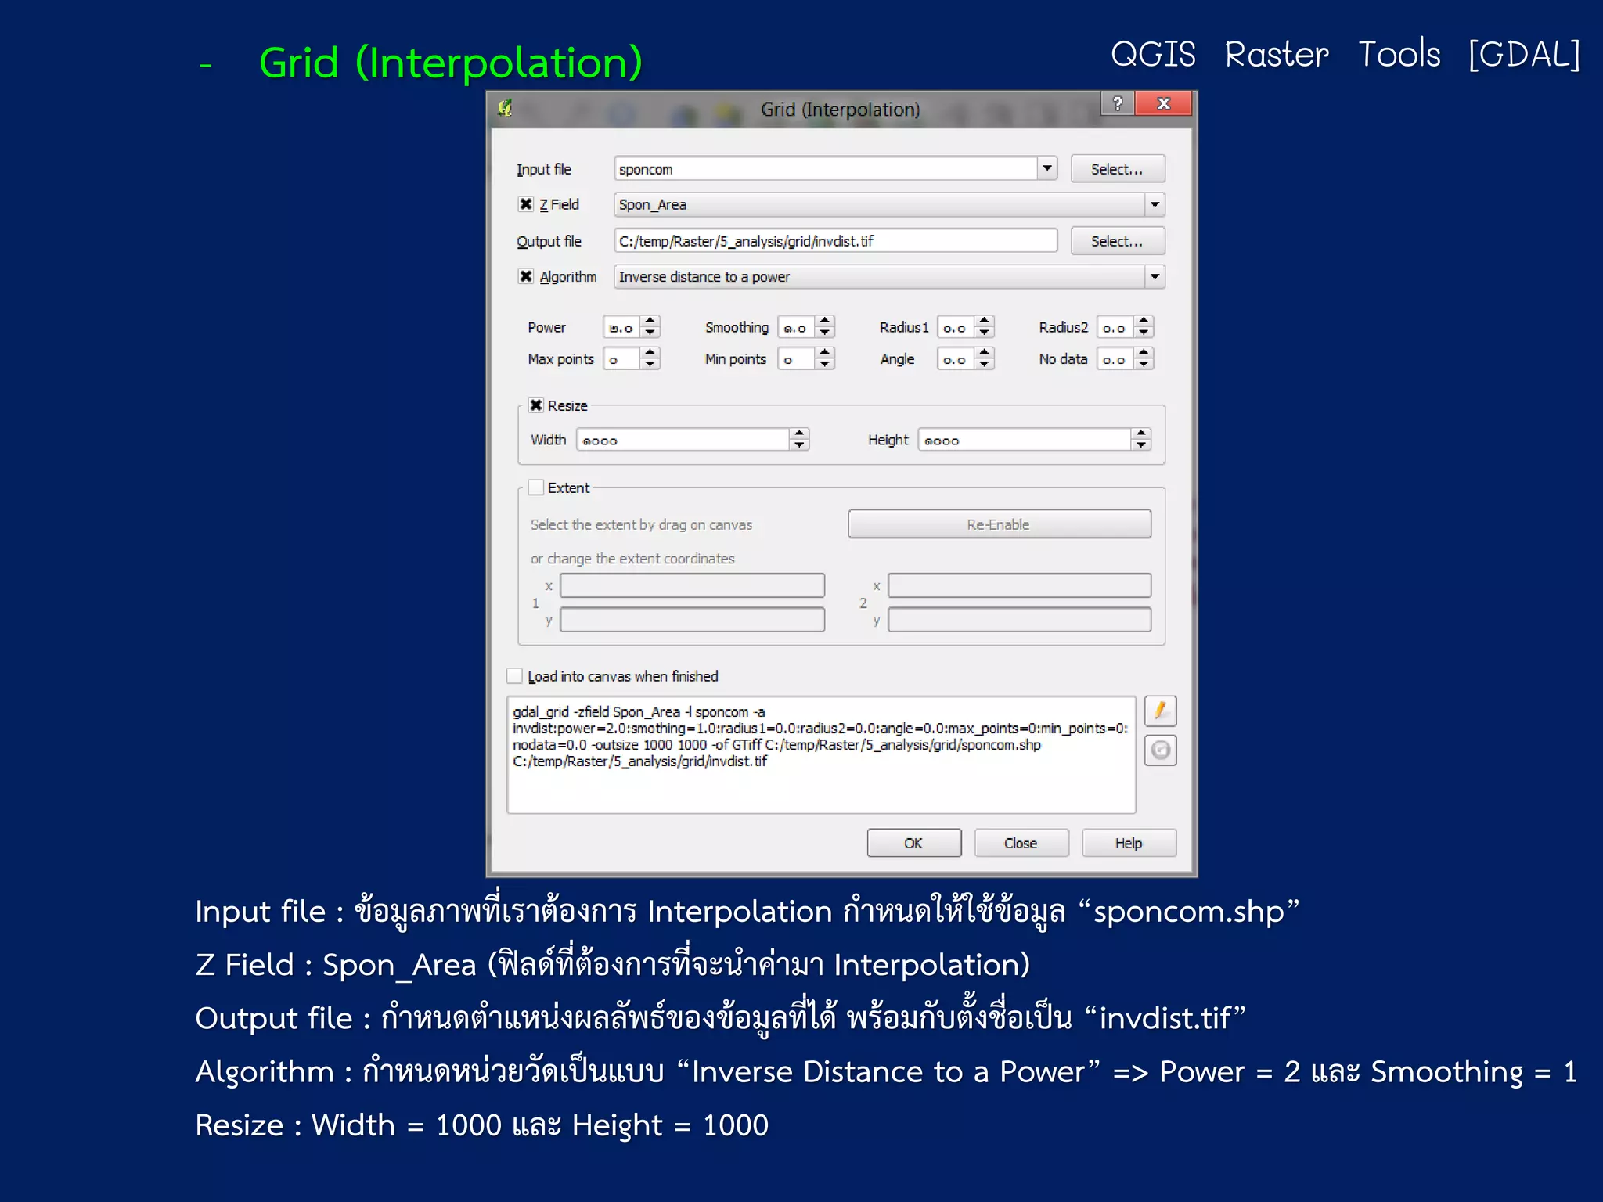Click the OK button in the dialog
[x=913, y=843]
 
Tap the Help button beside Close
[x=1128, y=843]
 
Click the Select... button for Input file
[x=1117, y=169]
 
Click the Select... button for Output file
[x=1117, y=241]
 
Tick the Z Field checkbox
[x=526, y=204]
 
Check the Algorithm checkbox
[x=526, y=276]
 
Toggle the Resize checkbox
[x=536, y=405]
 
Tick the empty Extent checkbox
[x=536, y=488]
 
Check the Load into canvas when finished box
[x=515, y=676]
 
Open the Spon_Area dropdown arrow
[x=1155, y=205]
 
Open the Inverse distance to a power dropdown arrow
[x=1155, y=277]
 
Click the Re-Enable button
[x=999, y=524]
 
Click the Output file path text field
[x=834, y=241]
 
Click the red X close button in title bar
[x=1164, y=103]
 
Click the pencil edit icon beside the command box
[x=1160, y=711]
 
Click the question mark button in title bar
[x=1118, y=103]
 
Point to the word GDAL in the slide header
[x=1524, y=55]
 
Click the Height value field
[x=1025, y=441]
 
